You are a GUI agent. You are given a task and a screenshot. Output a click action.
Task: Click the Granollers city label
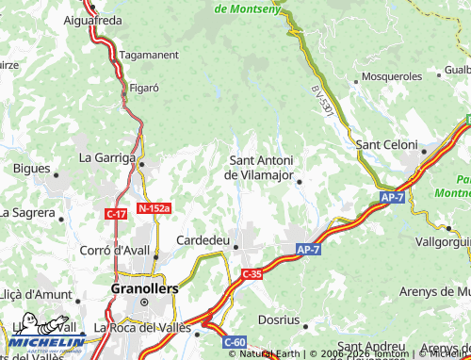click(x=143, y=288)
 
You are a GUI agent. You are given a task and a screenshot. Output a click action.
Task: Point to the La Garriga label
click(x=107, y=157)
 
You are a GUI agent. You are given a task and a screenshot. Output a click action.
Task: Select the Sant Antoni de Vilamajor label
click(x=262, y=167)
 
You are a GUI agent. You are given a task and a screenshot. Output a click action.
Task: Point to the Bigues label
click(x=32, y=169)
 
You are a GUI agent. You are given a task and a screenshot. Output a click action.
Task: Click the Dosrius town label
click(x=279, y=319)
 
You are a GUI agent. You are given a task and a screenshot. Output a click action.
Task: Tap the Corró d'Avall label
click(x=117, y=250)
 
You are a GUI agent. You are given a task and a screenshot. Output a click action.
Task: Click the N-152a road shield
click(x=154, y=208)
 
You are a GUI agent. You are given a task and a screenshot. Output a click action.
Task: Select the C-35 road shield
click(x=251, y=274)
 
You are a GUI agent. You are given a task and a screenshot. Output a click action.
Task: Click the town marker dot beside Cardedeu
click(x=235, y=248)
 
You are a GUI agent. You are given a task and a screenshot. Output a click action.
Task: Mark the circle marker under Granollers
click(x=144, y=303)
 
